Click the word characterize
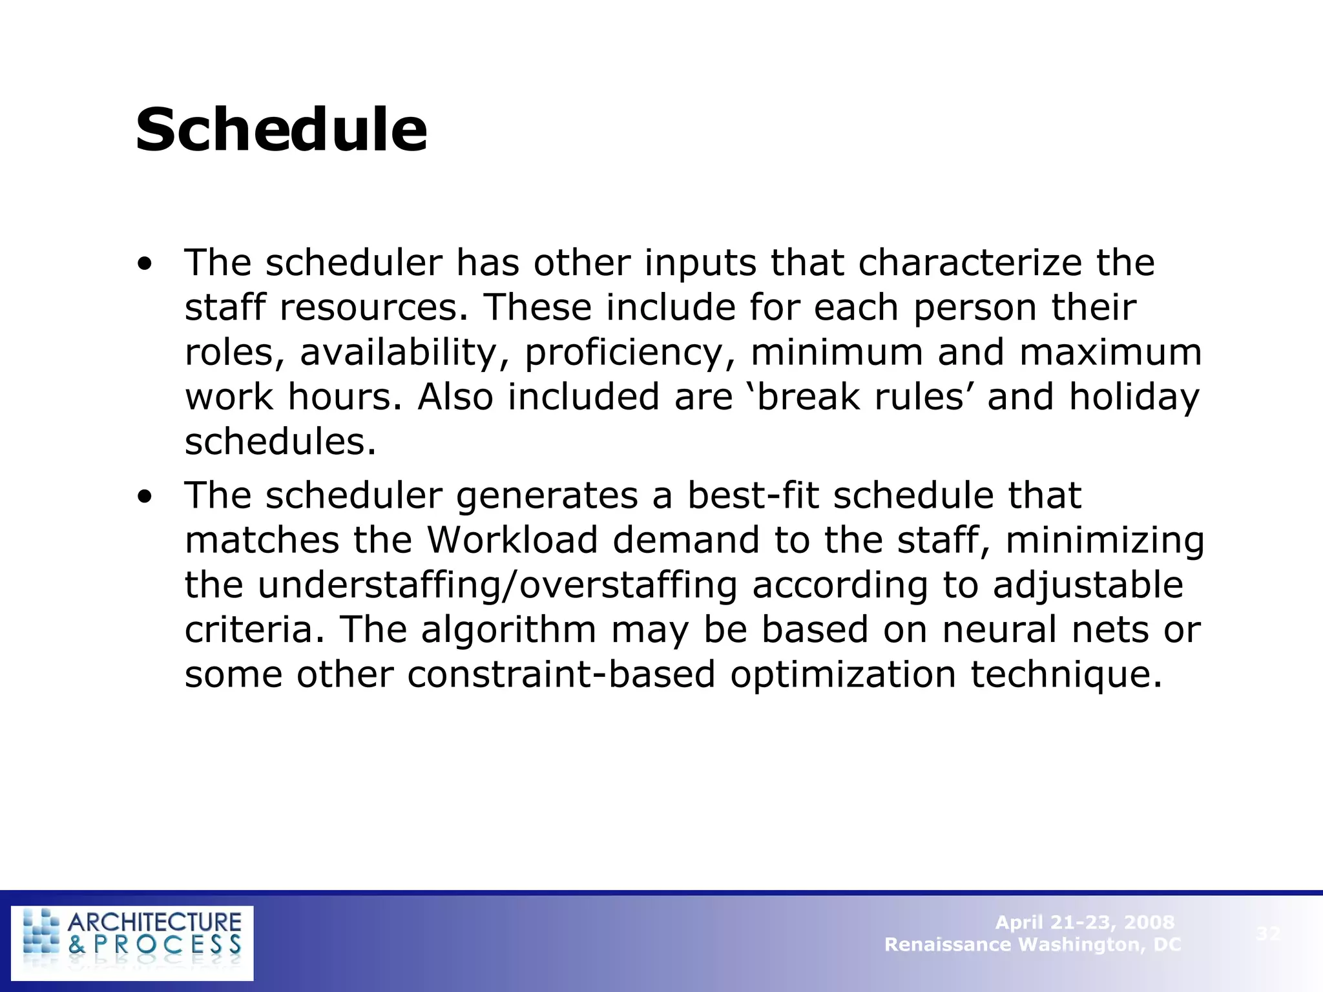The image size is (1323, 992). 970,263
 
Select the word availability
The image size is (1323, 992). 399,353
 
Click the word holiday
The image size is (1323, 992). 1134,397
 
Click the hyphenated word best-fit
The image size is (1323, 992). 753,495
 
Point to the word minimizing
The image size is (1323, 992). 1105,541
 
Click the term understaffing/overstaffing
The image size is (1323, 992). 497,585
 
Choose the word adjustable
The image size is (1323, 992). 1088,585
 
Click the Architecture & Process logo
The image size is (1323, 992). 132,943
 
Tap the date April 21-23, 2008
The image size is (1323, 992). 1085,922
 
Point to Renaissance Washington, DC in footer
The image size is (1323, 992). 1032,945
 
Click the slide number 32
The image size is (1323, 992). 1268,933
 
